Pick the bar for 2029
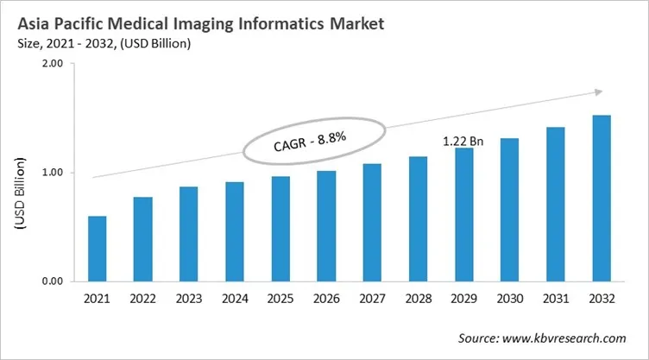click(464, 215)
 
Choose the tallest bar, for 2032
click(602, 199)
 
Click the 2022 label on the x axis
click(142, 300)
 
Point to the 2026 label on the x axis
click(326, 300)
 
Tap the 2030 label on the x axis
click(510, 300)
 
